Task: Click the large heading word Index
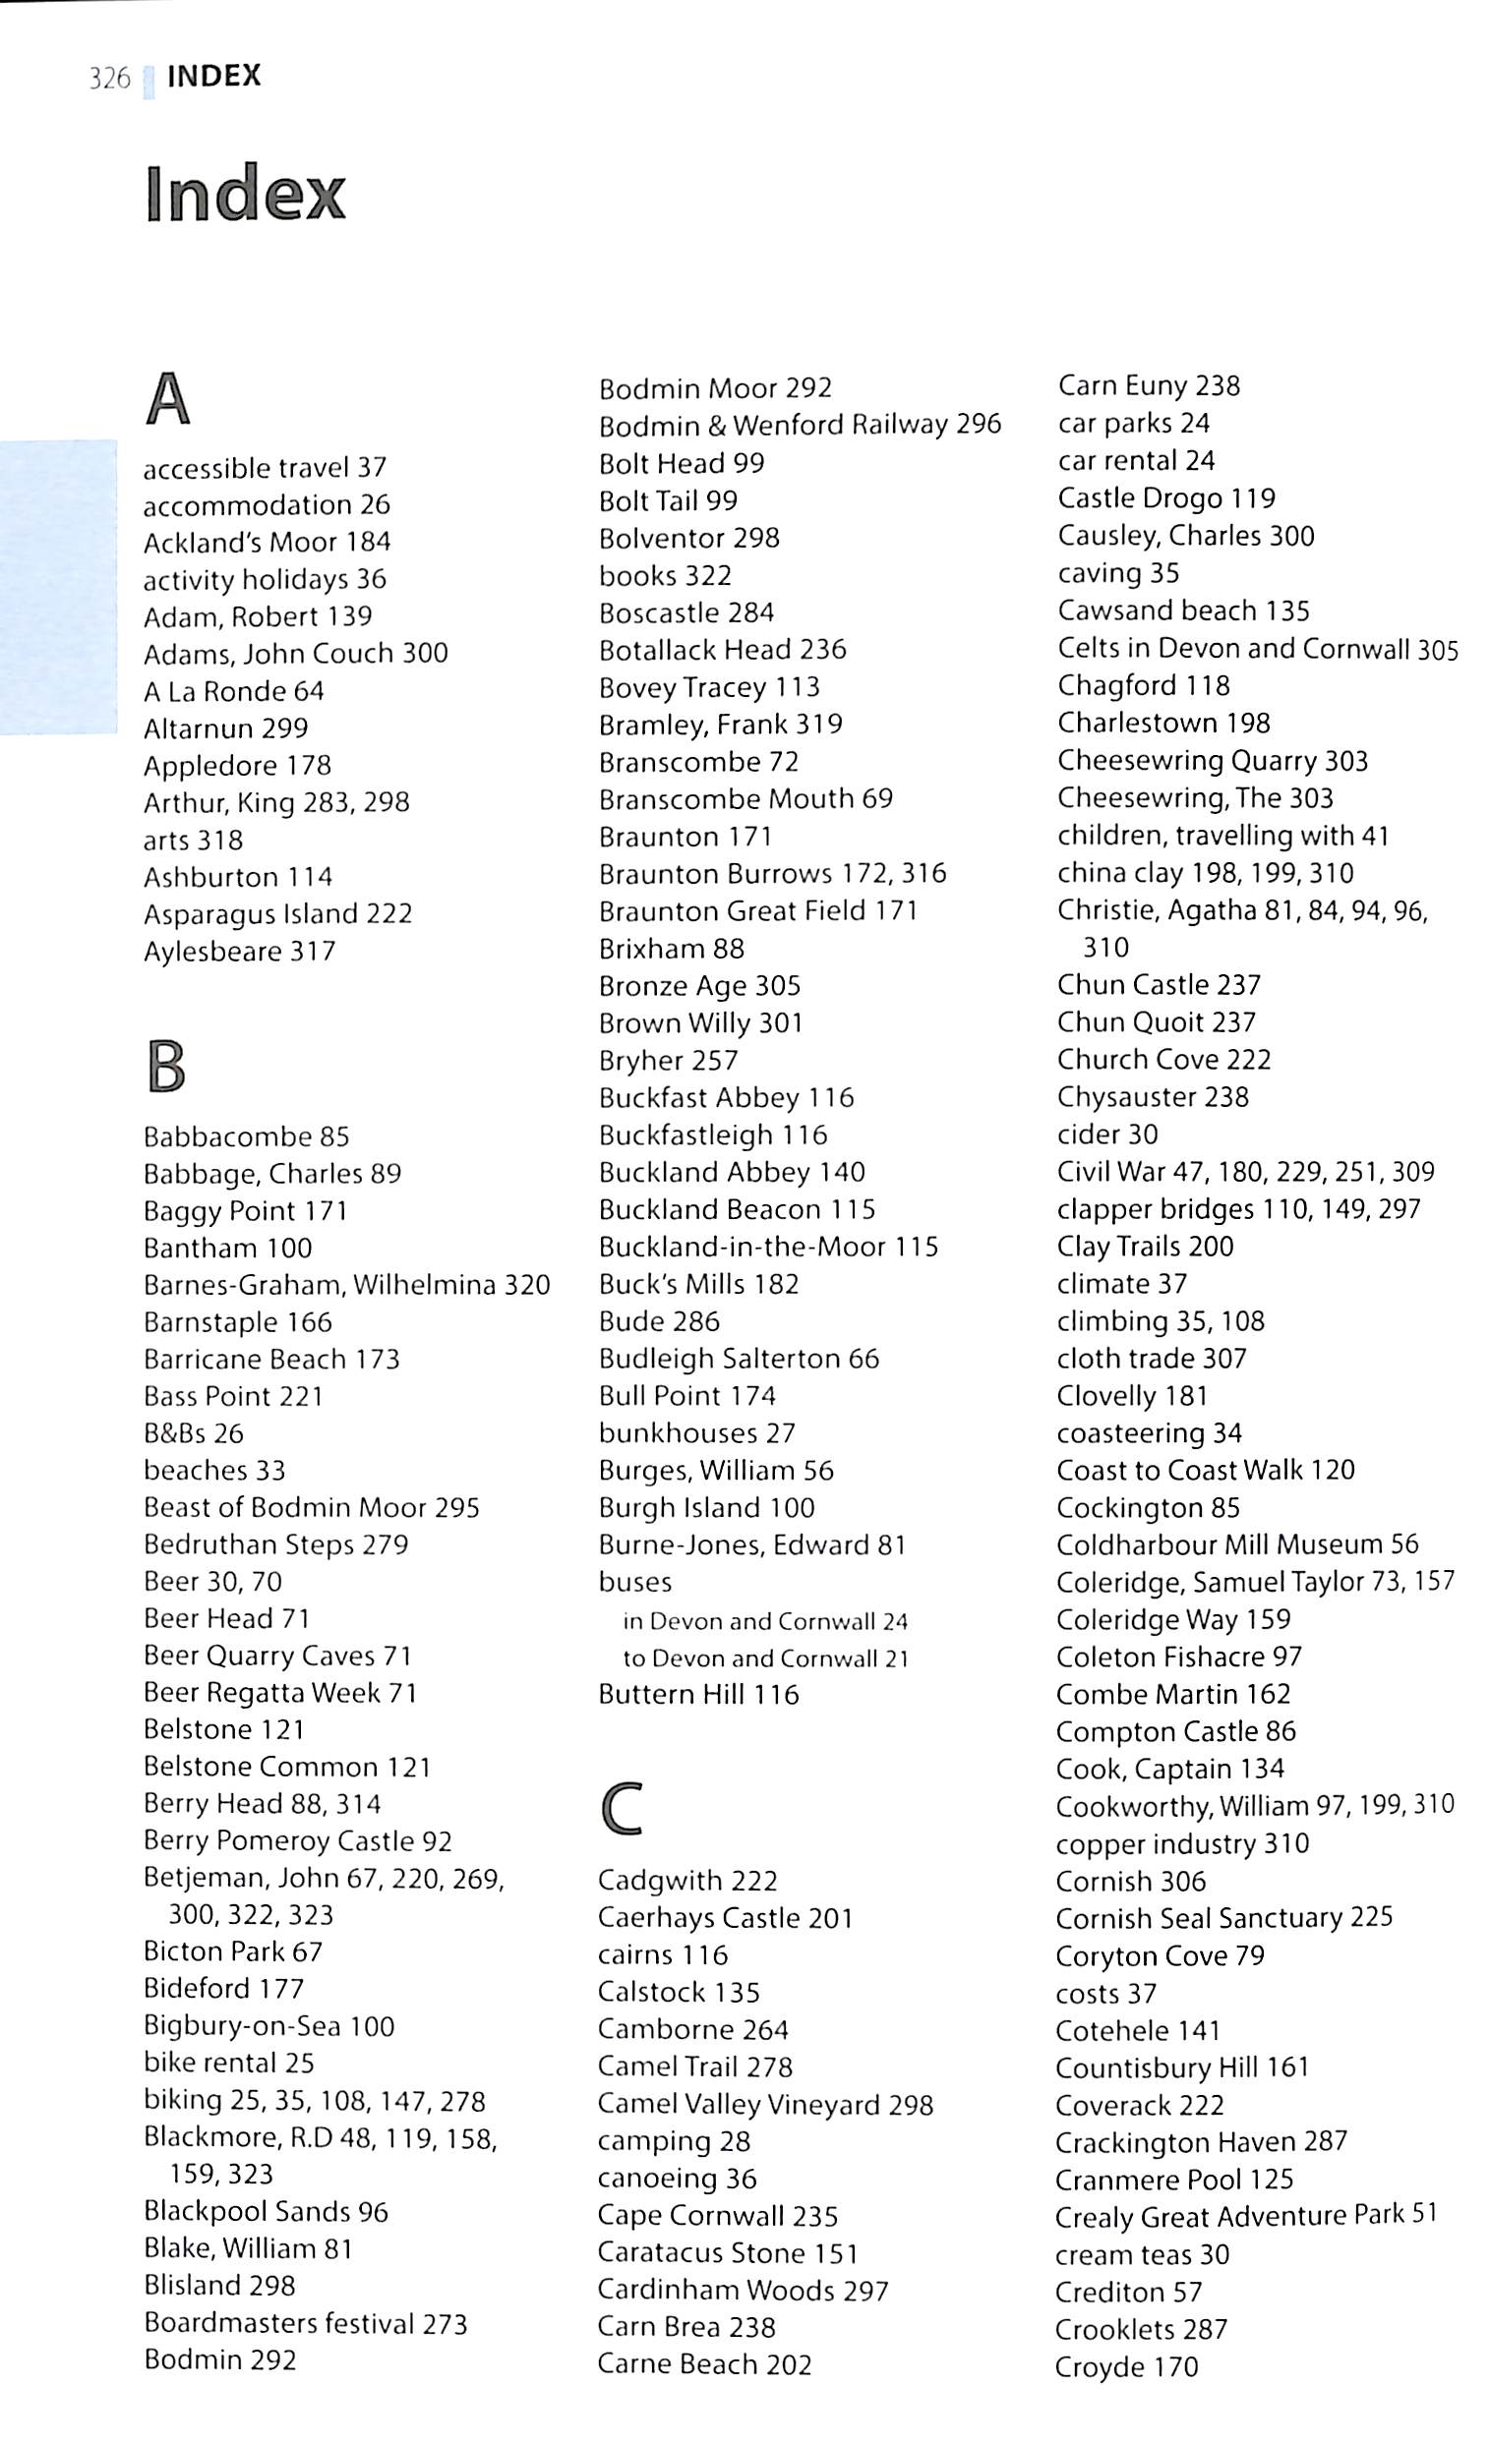point(245,194)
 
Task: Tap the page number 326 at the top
point(109,79)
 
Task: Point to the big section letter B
point(165,1068)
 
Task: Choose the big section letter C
point(622,1809)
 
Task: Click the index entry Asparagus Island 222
point(277,913)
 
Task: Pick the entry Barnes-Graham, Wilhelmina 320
point(346,1286)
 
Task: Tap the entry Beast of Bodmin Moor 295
point(312,1508)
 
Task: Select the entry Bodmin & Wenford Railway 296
point(800,426)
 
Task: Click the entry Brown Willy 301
point(700,1022)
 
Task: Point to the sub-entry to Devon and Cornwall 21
point(765,1658)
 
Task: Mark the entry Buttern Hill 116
point(698,1694)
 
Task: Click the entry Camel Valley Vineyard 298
point(765,2105)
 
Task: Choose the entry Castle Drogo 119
point(1166,497)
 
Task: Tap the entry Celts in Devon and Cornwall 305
point(1257,649)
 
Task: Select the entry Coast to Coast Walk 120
point(1206,1470)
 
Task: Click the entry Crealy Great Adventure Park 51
point(1246,2217)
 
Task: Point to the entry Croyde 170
point(1127,2366)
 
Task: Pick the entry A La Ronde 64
point(233,691)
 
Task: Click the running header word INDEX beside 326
point(214,77)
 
